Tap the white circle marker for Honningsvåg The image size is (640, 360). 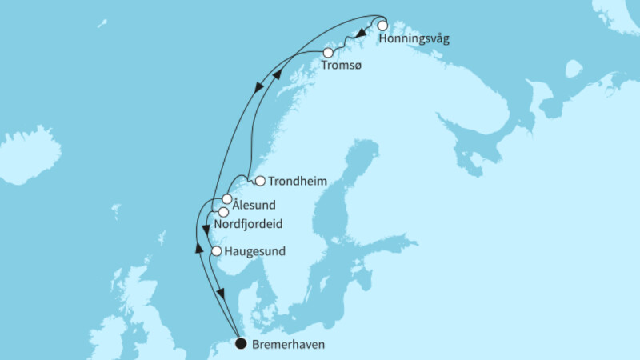(x=383, y=25)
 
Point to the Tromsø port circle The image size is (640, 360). (x=328, y=53)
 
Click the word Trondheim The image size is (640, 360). (x=298, y=182)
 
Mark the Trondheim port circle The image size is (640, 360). (x=259, y=181)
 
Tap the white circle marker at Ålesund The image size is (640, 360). (x=227, y=198)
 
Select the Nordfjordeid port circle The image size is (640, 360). (x=223, y=212)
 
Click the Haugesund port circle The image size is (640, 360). (x=216, y=252)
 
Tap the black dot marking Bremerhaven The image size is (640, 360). (x=241, y=345)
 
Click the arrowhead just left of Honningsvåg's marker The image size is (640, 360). (x=362, y=34)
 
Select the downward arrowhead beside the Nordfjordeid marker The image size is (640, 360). (x=206, y=229)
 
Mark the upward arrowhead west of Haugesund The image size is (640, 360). (x=199, y=247)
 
